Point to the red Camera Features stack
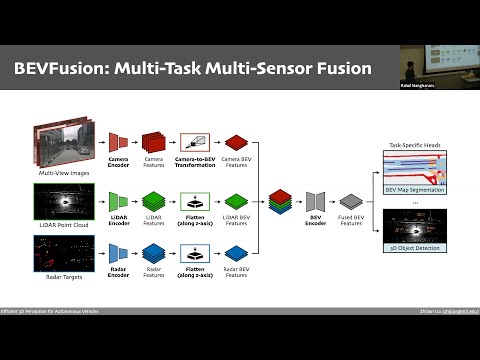click(x=153, y=142)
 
